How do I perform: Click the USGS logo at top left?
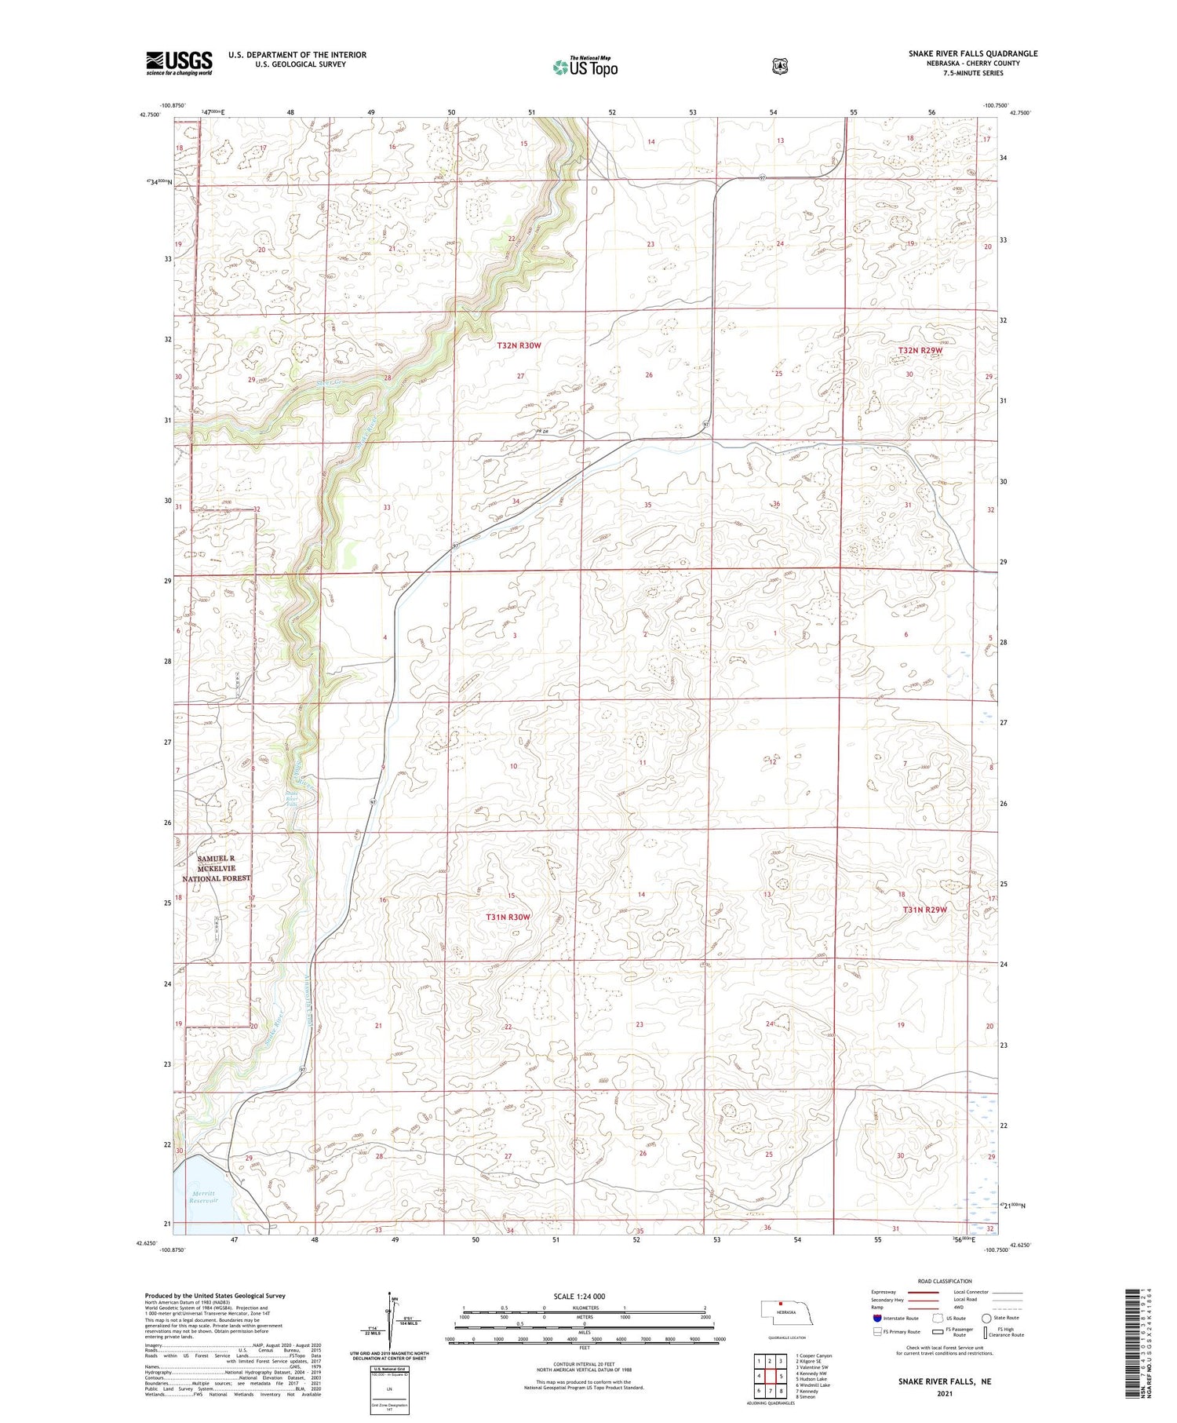179,63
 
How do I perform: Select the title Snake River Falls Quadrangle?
973,53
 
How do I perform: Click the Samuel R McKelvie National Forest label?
216,868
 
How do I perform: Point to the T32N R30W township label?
519,345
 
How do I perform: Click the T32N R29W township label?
920,350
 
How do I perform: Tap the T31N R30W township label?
508,917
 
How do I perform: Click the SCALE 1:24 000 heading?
579,1296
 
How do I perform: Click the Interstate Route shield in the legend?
876,1319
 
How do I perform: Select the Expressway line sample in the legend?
924,1292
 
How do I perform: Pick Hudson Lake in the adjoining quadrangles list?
812,1378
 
